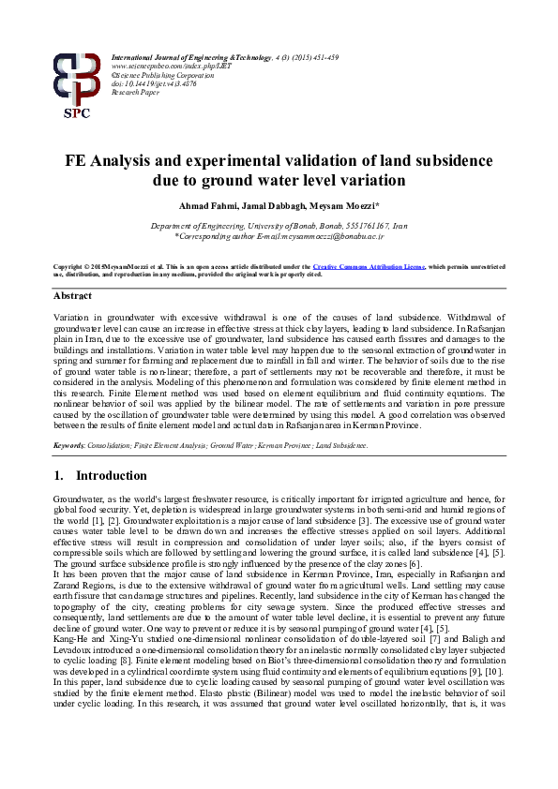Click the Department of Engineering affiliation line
[279, 227]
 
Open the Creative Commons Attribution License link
[368, 267]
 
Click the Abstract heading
[72, 295]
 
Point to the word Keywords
[70, 444]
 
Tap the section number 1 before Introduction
[58, 476]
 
